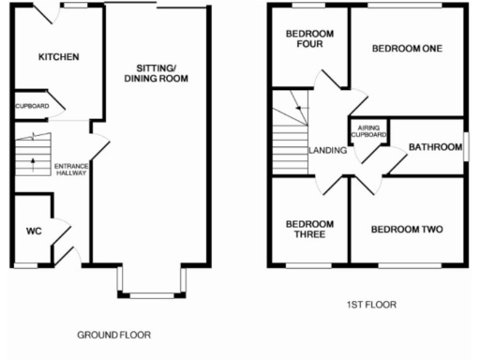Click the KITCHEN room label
coord(58,57)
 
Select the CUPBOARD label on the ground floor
coord(30,106)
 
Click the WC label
coord(34,231)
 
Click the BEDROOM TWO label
coord(406,229)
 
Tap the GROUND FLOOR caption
coord(113,335)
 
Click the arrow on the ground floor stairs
coord(33,166)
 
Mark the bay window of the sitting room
coord(151,283)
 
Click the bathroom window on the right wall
coord(465,146)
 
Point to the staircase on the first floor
coord(289,131)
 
